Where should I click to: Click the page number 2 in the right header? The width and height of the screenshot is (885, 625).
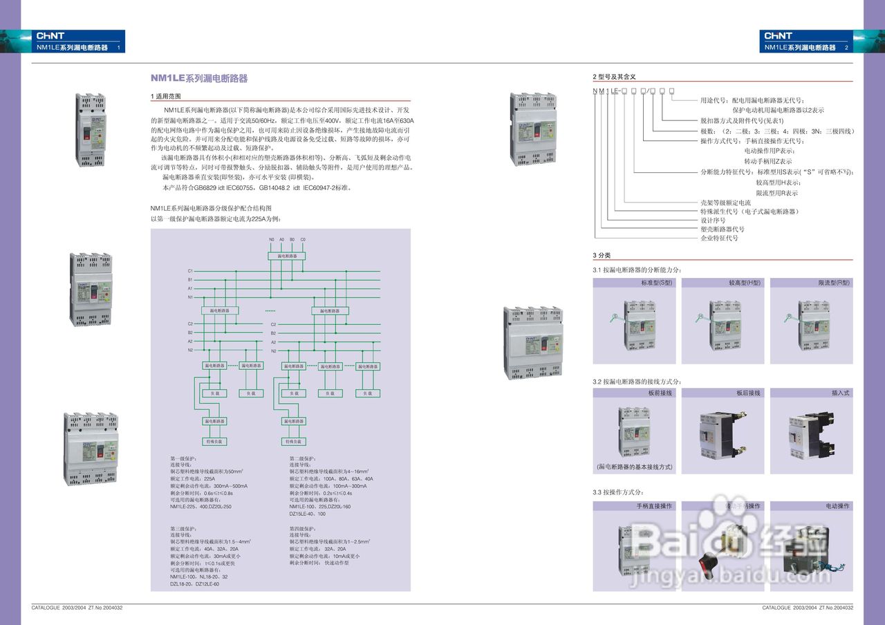coord(846,48)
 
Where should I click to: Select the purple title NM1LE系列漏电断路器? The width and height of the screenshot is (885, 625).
coord(199,79)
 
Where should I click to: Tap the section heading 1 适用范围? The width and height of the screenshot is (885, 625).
coord(166,96)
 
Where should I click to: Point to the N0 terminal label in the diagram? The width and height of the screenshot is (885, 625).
coord(272,239)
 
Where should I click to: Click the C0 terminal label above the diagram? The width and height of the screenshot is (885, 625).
coord(303,239)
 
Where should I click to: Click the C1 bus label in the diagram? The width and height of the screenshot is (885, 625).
coord(190,271)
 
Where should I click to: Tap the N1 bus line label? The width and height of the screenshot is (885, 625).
coord(190,297)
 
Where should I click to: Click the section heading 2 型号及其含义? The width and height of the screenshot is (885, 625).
coord(614,76)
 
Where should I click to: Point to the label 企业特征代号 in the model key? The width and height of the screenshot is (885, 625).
coord(719,238)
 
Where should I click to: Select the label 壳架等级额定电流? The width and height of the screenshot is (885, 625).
coord(725,203)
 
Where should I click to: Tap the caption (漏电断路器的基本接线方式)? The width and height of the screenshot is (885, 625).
coord(634,467)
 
